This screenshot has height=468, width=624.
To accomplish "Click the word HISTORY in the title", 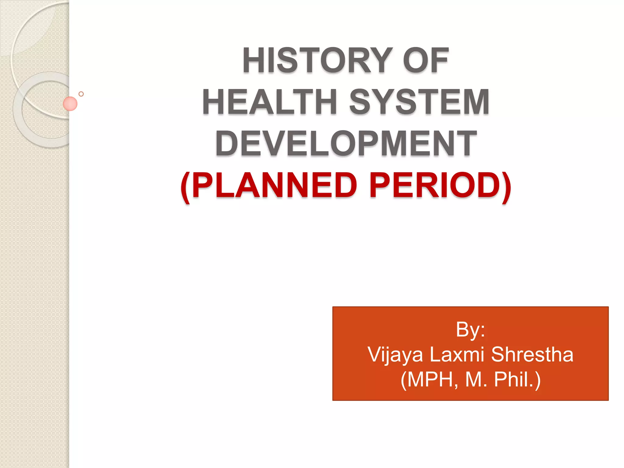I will (x=317, y=61).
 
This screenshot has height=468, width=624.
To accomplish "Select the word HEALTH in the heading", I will (x=270, y=102).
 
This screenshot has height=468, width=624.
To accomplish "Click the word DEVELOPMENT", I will (x=346, y=143).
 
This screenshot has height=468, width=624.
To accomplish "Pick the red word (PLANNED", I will (x=268, y=186).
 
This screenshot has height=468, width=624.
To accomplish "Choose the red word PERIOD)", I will (x=440, y=186).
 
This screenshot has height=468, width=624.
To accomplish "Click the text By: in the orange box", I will (x=470, y=330).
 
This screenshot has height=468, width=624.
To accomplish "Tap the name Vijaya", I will (x=395, y=355).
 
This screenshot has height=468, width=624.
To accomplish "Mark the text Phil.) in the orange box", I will (x=517, y=380).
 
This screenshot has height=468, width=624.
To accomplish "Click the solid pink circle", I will (x=70, y=104).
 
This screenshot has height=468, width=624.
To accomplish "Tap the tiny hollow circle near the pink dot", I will (x=81, y=94).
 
